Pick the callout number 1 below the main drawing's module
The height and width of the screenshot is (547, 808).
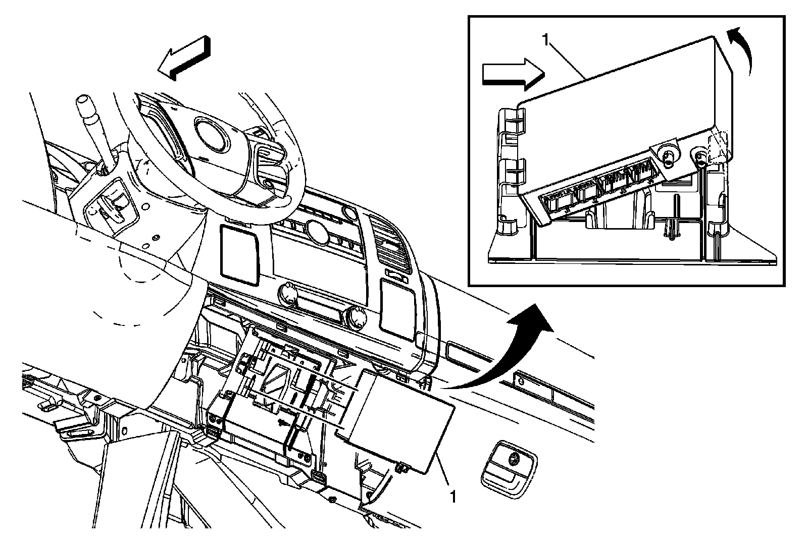click(x=453, y=497)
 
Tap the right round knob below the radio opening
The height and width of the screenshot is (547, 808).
click(x=357, y=317)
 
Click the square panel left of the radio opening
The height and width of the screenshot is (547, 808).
click(x=239, y=252)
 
